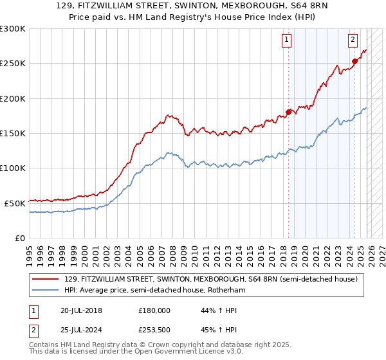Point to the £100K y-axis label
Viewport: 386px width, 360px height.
pos(13,168)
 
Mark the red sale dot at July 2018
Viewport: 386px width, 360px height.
pos(288,112)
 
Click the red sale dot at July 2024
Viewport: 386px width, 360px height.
pos(354,62)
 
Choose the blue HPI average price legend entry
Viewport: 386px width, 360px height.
pos(154,291)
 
